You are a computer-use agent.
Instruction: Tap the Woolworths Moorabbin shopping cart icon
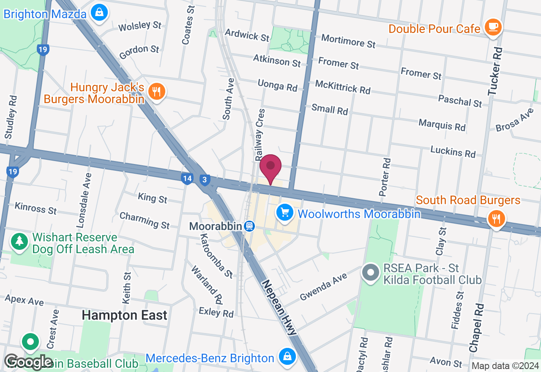click(x=284, y=212)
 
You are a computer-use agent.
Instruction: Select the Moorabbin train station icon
click(x=249, y=226)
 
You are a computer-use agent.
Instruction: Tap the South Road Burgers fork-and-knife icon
click(x=496, y=219)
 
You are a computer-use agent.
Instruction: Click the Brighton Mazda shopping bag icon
click(x=99, y=12)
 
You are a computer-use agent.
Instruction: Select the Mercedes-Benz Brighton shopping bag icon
click(x=287, y=357)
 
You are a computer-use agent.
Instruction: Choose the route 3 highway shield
click(x=205, y=180)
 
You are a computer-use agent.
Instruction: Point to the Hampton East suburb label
click(x=124, y=315)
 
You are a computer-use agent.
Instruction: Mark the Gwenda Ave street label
click(x=323, y=287)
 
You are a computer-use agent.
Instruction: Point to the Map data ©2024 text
click(x=505, y=366)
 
